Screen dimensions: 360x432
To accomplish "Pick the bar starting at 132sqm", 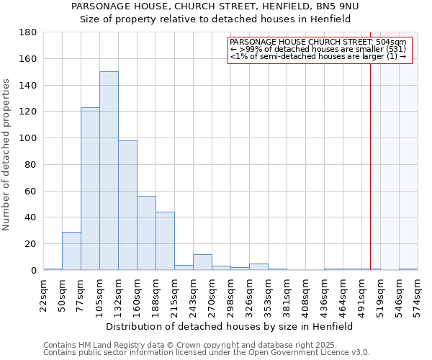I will pos(127,205).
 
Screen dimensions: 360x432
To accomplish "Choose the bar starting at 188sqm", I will pos(165,240).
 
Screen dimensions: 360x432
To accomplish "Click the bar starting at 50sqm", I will pos(71,251).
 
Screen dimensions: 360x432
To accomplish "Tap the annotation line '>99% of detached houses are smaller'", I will pos(319,50).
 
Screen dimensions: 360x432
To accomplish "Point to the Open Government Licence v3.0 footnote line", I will pos(207,353).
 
